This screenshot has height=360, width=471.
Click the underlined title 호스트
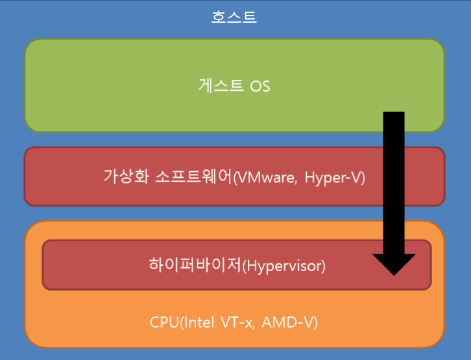coord(234,16)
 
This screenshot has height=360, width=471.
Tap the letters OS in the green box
coord(260,86)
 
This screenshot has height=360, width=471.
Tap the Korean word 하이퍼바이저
coord(195,265)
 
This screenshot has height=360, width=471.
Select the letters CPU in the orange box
coord(163,322)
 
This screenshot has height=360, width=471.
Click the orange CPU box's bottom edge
coord(234,347)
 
